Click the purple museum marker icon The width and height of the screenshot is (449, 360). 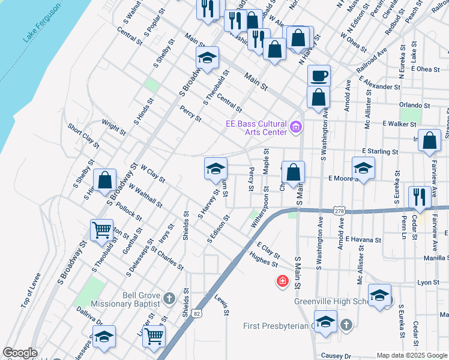[295, 127]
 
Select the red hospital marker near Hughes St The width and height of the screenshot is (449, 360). [282, 280]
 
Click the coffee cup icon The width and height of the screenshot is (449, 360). [319, 76]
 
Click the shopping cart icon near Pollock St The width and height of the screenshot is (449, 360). [101, 229]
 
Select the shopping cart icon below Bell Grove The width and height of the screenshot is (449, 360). [154, 336]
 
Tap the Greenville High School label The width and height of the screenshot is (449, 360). [331, 301]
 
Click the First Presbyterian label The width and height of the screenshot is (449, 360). [277, 326]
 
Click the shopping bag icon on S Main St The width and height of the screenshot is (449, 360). [293, 172]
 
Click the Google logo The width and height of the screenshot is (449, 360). [20, 353]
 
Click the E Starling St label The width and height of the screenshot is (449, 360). [380, 152]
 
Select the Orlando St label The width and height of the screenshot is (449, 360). [415, 105]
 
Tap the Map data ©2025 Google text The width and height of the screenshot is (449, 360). [412, 355]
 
